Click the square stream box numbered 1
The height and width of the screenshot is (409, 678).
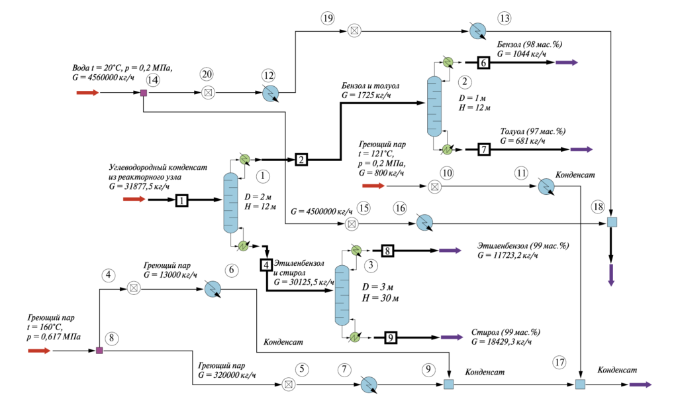click(x=182, y=200)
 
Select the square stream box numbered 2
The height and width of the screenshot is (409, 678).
click(x=301, y=160)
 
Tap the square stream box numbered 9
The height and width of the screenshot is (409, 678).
click(x=391, y=337)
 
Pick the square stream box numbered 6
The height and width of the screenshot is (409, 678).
click(x=483, y=63)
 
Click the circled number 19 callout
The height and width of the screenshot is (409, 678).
click(x=328, y=18)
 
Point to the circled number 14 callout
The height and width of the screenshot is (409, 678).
click(x=153, y=80)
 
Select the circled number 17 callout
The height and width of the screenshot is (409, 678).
click(x=559, y=362)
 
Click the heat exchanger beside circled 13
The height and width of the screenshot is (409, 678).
click(x=478, y=30)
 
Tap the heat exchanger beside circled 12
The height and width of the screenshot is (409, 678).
click(x=271, y=93)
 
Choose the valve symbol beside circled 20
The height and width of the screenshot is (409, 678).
click(x=208, y=93)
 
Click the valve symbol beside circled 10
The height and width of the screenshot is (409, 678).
click(x=434, y=186)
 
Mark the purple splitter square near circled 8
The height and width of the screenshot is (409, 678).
click(x=99, y=351)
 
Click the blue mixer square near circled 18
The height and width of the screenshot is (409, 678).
click(x=611, y=222)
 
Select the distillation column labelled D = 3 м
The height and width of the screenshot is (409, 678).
click(x=342, y=296)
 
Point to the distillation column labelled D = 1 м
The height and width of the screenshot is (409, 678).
click(x=434, y=106)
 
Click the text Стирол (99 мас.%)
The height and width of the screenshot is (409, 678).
click(x=505, y=333)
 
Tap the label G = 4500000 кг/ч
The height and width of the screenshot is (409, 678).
click(x=322, y=211)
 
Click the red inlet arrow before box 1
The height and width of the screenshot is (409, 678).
click(x=134, y=200)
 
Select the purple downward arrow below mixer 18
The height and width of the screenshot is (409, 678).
click(x=611, y=275)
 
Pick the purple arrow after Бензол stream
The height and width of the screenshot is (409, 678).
click(x=567, y=63)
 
